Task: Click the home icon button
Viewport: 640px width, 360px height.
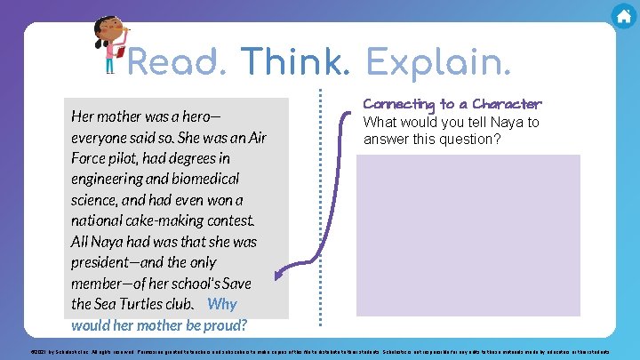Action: click(x=623, y=16)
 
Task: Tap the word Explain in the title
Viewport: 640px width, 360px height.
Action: click(x=438, y=63)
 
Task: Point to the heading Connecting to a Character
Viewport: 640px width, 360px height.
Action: click(x=452, y=104)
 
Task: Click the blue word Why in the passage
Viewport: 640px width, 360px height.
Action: click(x=222, y=305)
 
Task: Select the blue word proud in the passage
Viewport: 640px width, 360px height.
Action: click(x=226, y=325)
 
